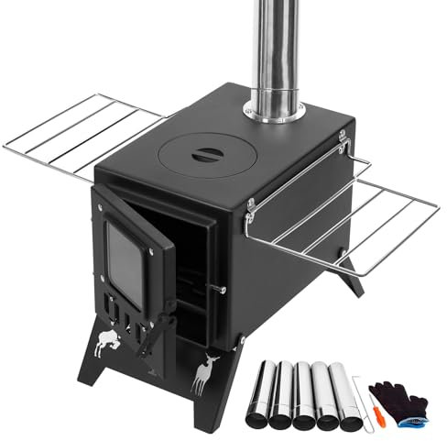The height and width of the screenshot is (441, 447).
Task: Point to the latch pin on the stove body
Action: tap(218, 291)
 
